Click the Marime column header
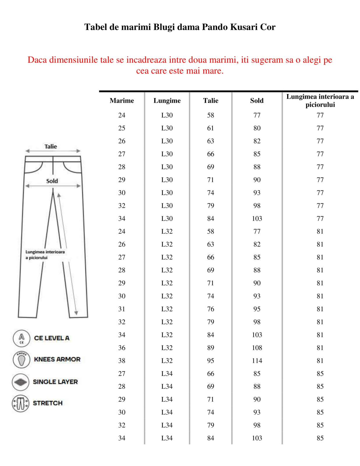(x=122, y=100)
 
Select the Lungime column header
(x=167, y=100)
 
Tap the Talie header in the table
(x=211, y=100)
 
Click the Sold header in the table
(x=257, y=100)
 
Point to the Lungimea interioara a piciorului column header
(x=320, y=100)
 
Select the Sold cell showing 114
(x=257, y=361)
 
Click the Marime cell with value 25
(x=122, y=128)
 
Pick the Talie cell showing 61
(x=211, y=128)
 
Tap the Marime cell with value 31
(x=122, y=309)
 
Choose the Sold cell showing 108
(x=257, y=348)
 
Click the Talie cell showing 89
(x=211, y=348)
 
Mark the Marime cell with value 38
(x=122, y=361)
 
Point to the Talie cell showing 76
(x=211, y=309)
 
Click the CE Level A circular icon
(x=21, y=338)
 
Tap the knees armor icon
(x=21, y=359)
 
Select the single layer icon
(x=20, y=382)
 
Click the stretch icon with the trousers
(x=20, y=403)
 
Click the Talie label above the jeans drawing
(x=51, y=146)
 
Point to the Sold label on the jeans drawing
(x=52, y=181)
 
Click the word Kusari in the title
(x=244, y=27)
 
